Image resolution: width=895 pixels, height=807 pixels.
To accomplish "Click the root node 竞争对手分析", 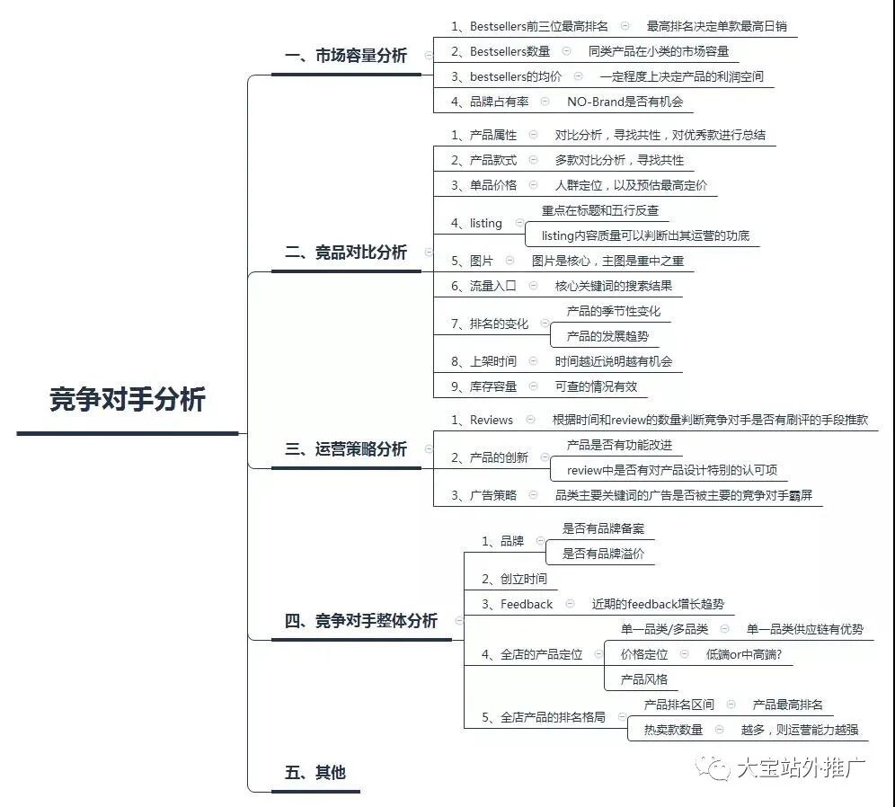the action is pyautogui.click(x=128, y=400).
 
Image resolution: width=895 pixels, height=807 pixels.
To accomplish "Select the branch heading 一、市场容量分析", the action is pyautogui.click(x=346, y=56).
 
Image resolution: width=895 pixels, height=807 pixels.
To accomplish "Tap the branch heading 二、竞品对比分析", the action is pyautogui.click(x=346, y=253).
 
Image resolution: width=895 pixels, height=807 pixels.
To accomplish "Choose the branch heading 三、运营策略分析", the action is pyautogui.click(x=346, y=448).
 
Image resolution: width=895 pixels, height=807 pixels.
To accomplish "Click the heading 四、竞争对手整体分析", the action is pyautogui.click(x=361, y=620).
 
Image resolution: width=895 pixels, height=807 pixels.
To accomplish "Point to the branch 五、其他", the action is pyautogui.click(x=315, y=772).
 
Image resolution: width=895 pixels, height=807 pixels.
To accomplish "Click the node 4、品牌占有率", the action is pyautogui.click(x=490, y=102).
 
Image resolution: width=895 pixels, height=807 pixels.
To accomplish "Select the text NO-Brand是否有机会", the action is pyautogui.click(x=625, y=102).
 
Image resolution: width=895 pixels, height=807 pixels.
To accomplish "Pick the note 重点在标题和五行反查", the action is pyautogui.click(x=600, y=210).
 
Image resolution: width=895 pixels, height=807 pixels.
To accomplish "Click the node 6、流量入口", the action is pyautogui.click(x=483, y=286).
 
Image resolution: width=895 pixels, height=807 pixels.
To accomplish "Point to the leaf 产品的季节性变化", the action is pyautogui.click(x=614, y=311).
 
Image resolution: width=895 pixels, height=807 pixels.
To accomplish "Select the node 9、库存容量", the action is pyautogui.click(x=483, y=386).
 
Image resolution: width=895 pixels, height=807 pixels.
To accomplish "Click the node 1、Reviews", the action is pyautogui.click(x=482, y=420).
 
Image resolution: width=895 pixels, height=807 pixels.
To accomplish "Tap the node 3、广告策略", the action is pyautogui.click(x=483, y=495).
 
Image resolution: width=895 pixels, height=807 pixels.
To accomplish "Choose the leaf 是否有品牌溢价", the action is pyautogui.click(x=603, y=554).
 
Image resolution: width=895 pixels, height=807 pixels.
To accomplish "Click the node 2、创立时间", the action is pyautogui.click(x=514, y=579).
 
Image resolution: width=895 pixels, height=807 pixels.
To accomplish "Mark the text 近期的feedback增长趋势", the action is pyautogui.click(x=658, y=604).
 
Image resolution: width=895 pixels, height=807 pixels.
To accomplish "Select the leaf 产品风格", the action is pyautogui.click(x=644, y=679).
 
